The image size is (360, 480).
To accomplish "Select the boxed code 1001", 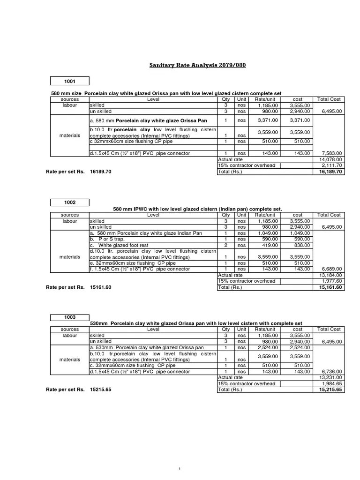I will click(x=69, y=81).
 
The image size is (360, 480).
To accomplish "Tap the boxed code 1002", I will click(x=69, y=202).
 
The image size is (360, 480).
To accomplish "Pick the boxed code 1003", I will click(x=69, y=317).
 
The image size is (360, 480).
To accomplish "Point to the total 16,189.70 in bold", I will click(x=330, y=172).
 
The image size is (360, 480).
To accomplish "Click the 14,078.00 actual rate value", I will click(x=331, y=159).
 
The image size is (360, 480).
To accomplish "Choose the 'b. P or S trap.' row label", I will click(x=107, y=239).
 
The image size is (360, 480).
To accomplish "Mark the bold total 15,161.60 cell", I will click(x=330, y=287).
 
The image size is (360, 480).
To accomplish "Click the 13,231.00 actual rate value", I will click(x=331, y=377).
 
